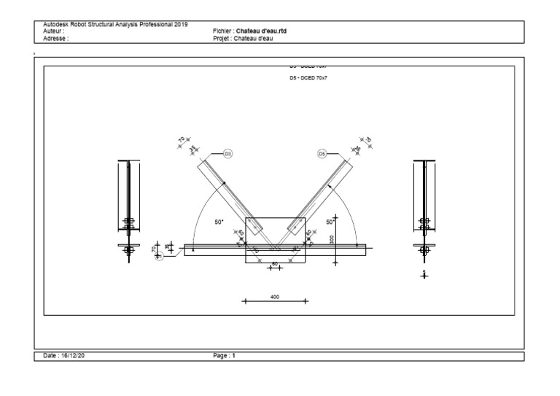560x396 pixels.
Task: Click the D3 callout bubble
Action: (227, 154)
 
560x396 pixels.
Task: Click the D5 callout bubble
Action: (322, 154)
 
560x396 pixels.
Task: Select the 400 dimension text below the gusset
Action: (275, 296)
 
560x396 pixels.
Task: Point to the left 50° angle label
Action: (219, 221)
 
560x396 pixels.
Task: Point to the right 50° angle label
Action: (330, 221)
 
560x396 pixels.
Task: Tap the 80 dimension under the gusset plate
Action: (275, 263)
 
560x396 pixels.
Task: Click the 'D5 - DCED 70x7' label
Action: (308, 77)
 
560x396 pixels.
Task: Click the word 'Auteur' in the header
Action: (53, 31)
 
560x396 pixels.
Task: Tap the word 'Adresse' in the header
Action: (55, 38)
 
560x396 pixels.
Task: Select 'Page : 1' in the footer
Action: (223, 355)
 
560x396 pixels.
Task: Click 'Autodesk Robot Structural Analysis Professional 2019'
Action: (115, 25)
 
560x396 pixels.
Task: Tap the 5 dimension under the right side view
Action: (424, 272)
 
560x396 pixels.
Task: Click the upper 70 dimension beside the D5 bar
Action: (367, 139)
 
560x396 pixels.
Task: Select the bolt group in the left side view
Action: (128, 223)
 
